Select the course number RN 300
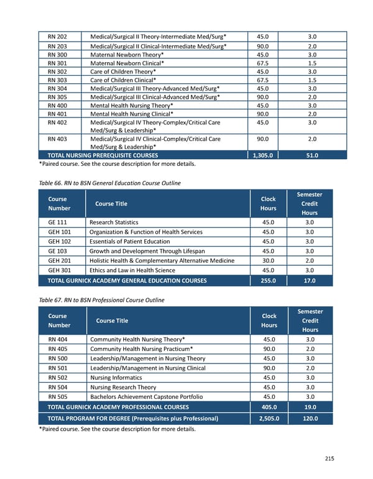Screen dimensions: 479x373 click(57, 54)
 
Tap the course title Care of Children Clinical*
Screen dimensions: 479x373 click(123, 80)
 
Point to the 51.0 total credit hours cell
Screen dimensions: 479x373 click(312, 155)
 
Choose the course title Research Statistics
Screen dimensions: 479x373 click(114, 222)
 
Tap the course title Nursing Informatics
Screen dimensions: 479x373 click(116, 378)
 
